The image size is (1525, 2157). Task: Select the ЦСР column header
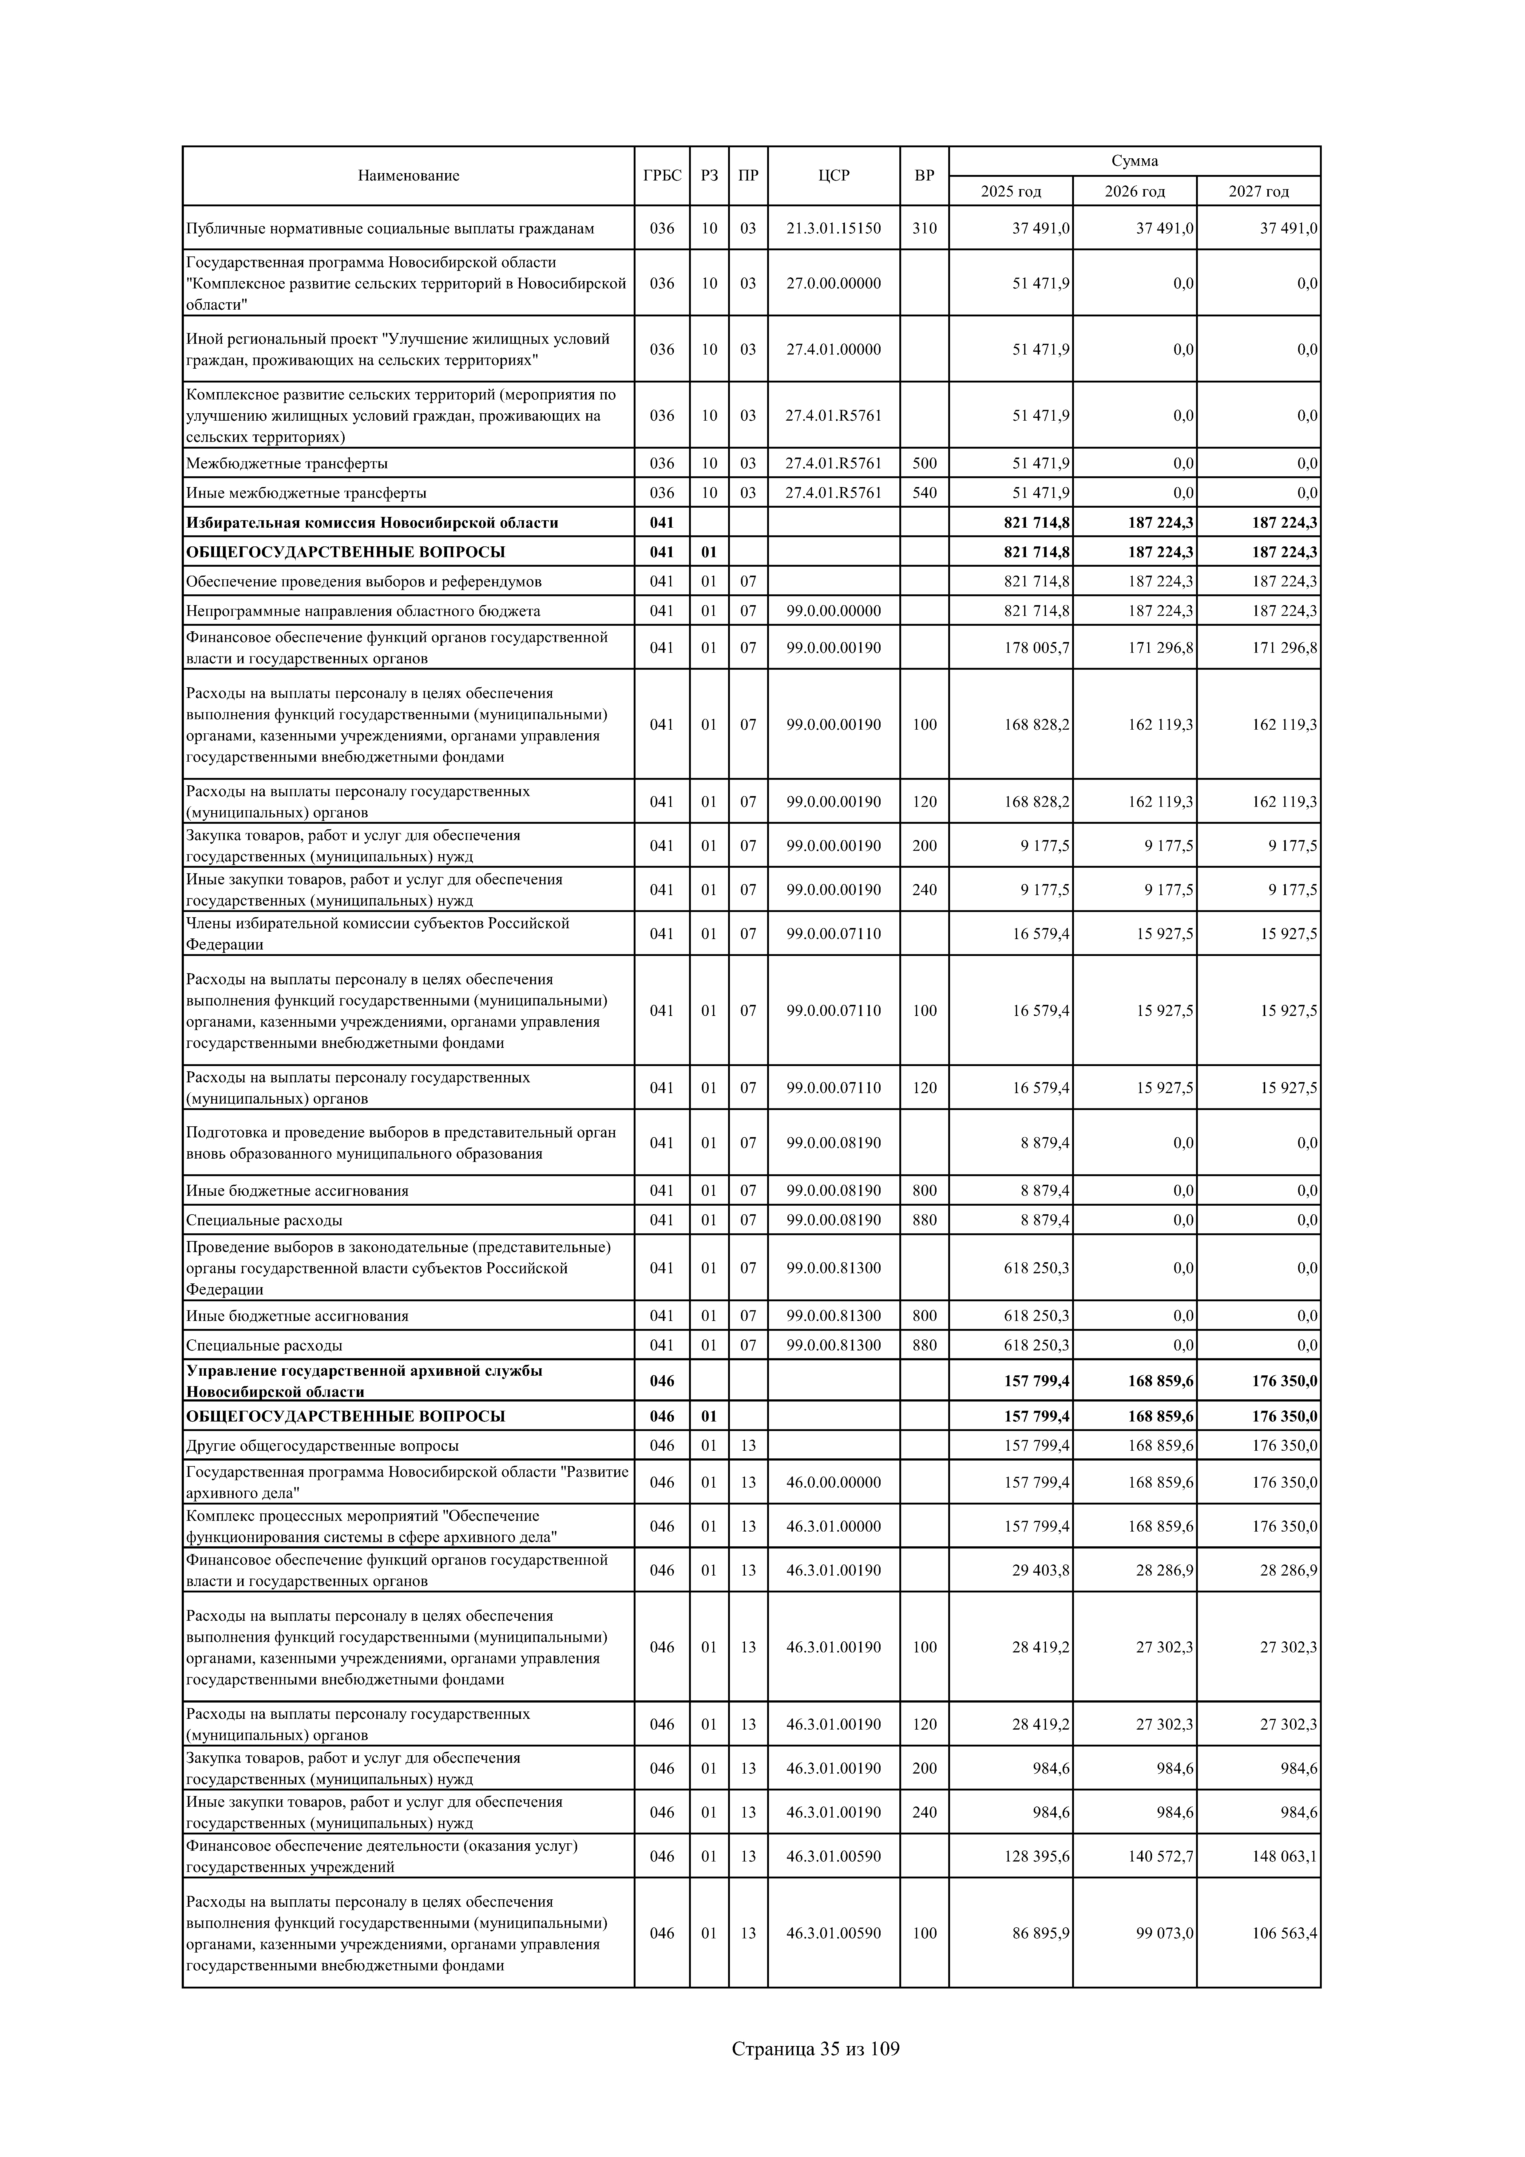[x=834, y=176]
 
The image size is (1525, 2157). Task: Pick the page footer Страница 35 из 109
[x=816, y=2048]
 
